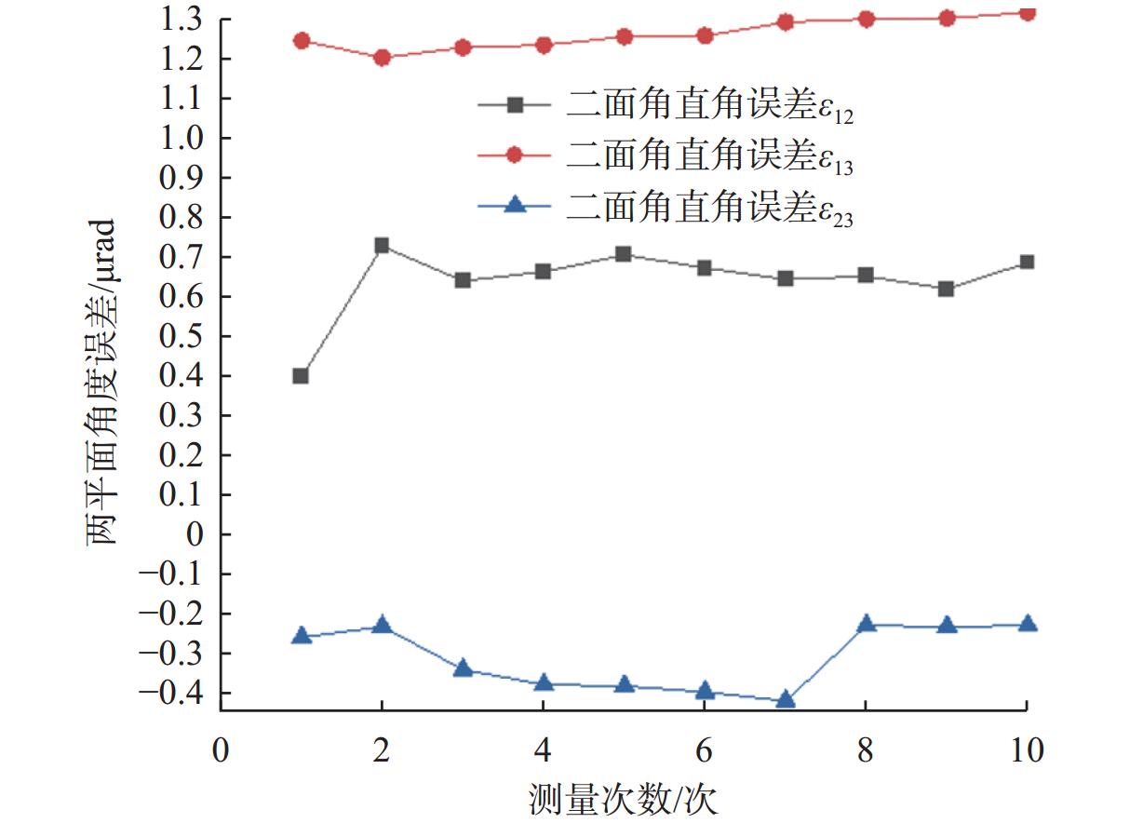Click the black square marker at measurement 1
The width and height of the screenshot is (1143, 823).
(x=301, y=376)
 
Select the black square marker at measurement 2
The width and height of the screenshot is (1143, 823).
(x=381, y=246)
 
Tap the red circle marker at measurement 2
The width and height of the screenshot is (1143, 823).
(x=381, y=58)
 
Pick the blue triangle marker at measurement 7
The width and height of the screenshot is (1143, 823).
(x=785, y=700)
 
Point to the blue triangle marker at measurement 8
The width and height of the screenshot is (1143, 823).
(x=866, y=624)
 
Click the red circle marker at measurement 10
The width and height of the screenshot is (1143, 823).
(x=1027, y=13)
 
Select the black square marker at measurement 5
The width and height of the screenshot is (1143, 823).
(x=624, y=254)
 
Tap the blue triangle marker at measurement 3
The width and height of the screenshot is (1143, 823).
(x=463, y=669)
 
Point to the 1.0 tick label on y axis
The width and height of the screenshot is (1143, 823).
(x=182, y=138)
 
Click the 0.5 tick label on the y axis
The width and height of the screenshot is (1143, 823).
(x=182, y=336)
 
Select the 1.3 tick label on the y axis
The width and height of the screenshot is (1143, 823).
(x=182, y=19)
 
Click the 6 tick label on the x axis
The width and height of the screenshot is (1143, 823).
(x=705, y=749)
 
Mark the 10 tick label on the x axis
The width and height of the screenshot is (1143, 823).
(x=1026, y=749)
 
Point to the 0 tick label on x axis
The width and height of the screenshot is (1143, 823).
(x=221, y=749)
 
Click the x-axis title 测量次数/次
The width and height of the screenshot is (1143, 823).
(x=623, y=798)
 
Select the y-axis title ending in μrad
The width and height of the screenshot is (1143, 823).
(x=102, y=382)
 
